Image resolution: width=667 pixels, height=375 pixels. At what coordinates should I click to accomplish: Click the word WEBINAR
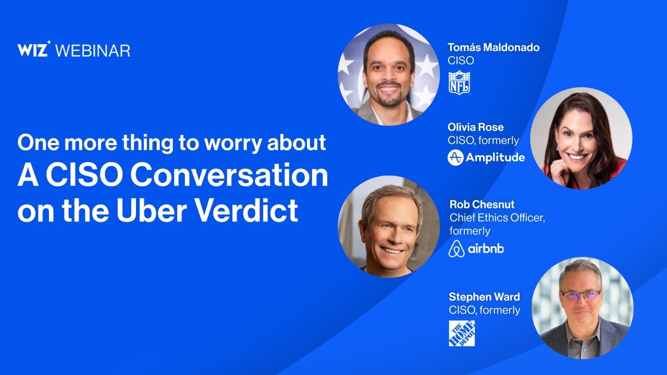[93, 51]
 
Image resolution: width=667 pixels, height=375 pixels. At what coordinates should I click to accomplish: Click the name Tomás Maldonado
[493, 47]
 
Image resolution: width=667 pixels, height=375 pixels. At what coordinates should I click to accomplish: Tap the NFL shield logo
[460, 83]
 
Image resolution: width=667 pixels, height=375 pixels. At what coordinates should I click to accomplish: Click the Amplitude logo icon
[455, 157]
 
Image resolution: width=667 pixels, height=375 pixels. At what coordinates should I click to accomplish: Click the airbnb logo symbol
[456, 249]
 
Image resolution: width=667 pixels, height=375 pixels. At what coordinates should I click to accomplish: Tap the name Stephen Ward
[484, 297]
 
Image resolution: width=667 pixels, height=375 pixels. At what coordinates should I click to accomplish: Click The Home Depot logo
[462, 333]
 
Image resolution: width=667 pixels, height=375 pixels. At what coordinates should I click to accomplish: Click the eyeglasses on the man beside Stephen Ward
[580, 295]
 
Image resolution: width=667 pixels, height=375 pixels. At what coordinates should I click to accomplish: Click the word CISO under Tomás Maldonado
[461, 60]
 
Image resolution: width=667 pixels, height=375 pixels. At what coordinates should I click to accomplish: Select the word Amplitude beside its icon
[495, 157]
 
